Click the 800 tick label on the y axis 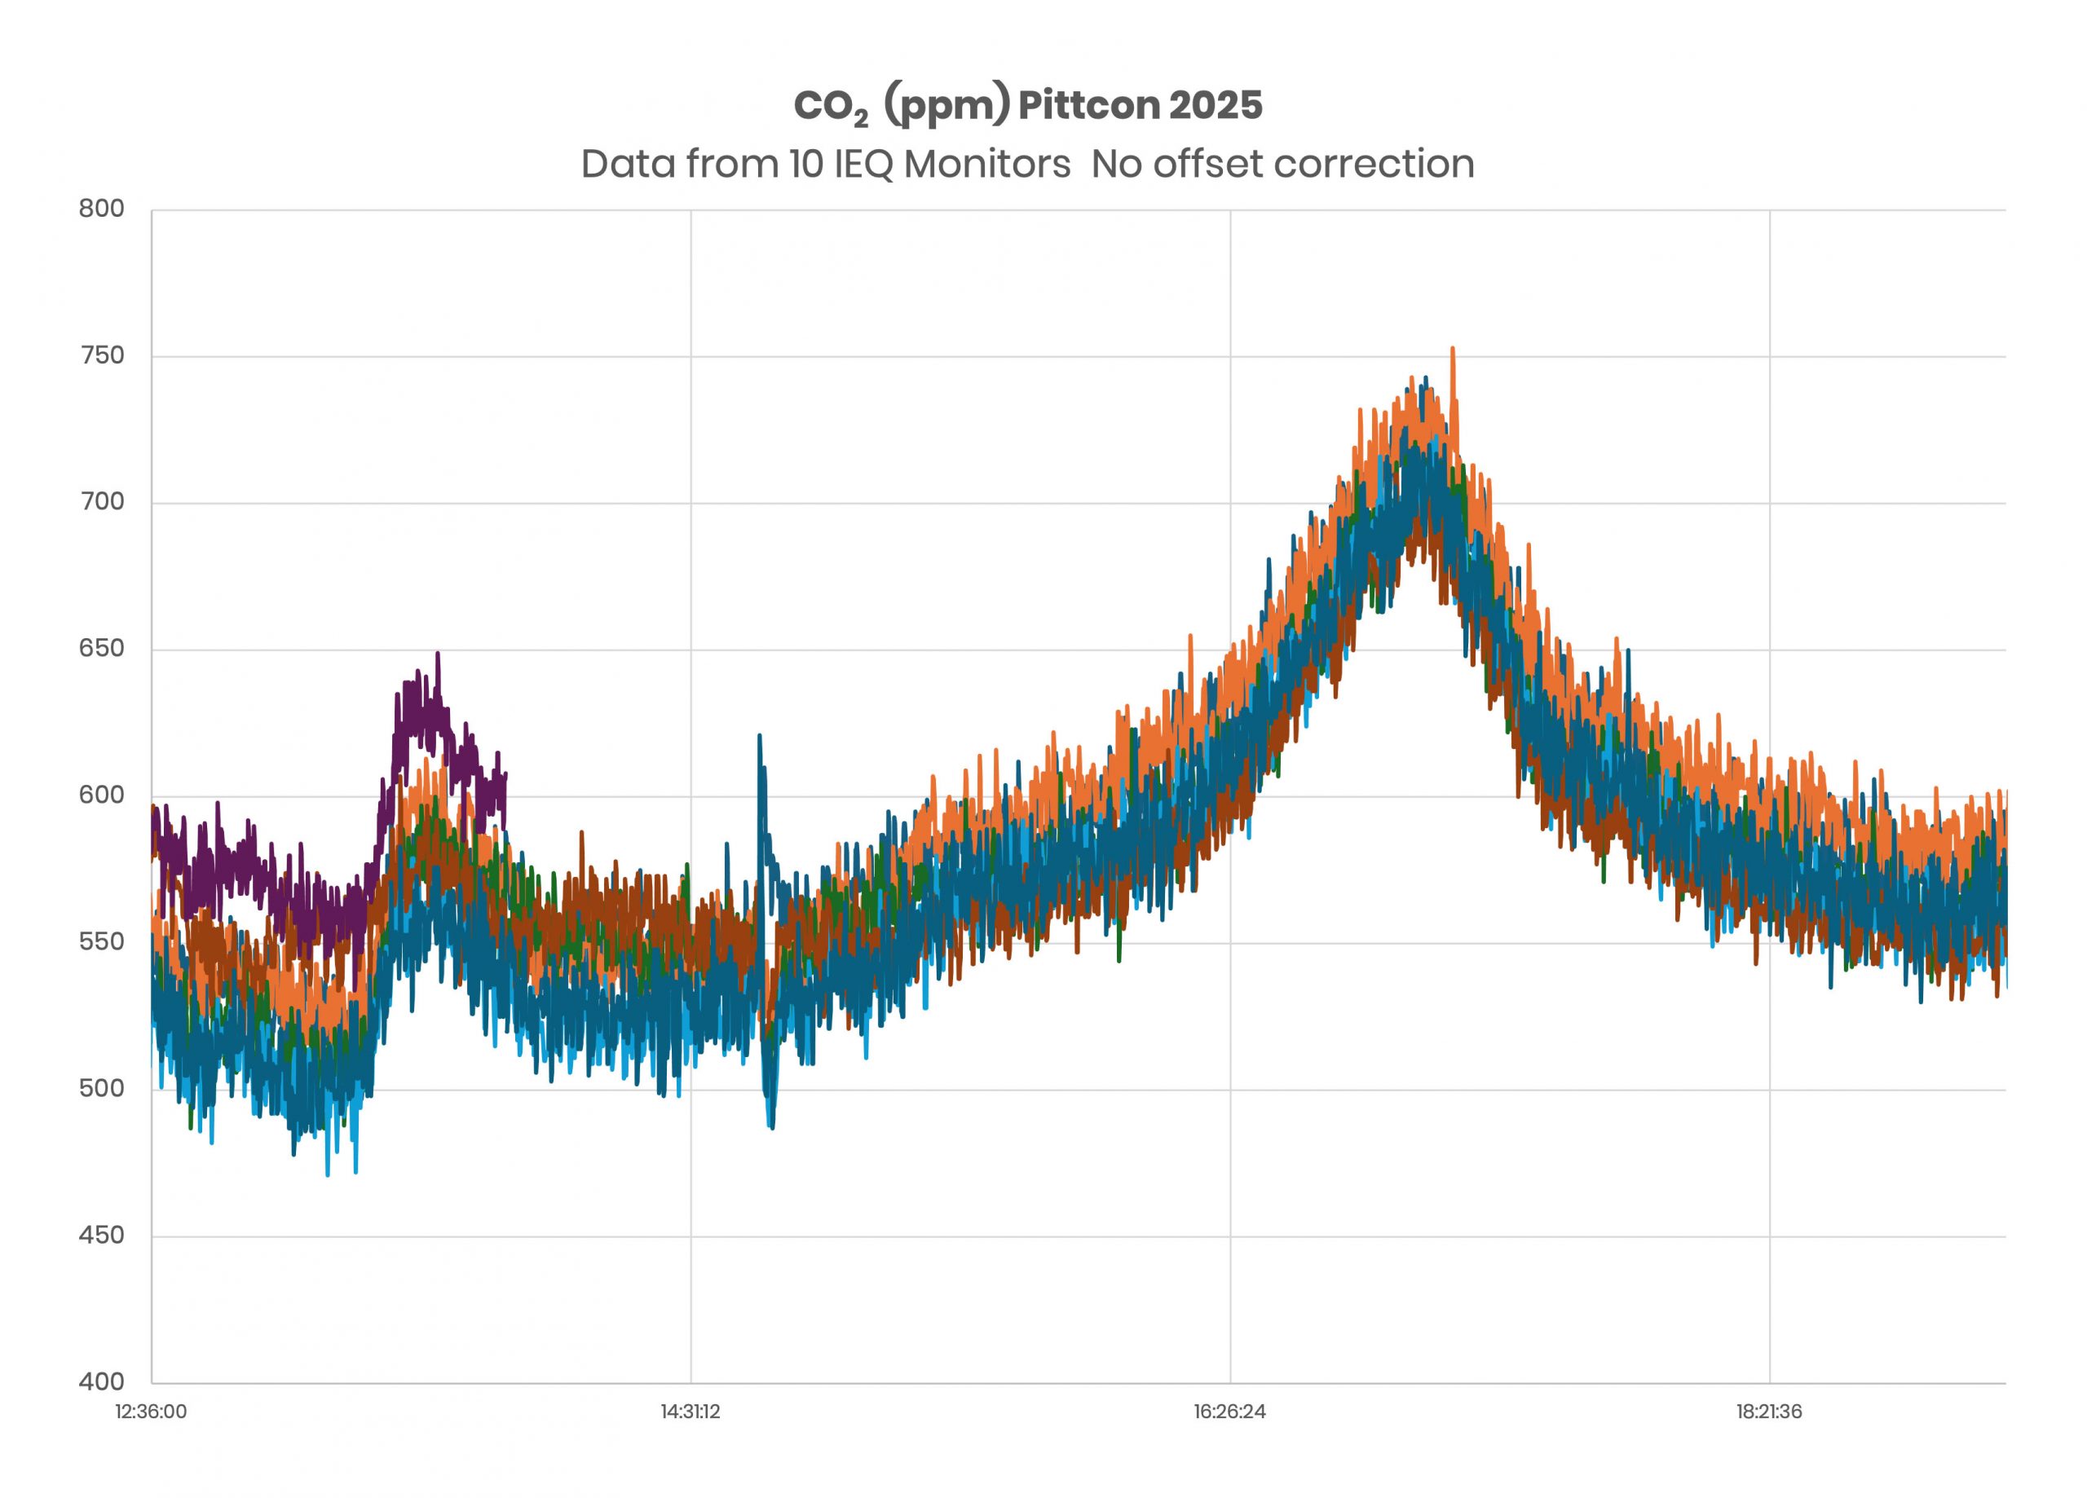101,209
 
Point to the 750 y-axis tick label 101,355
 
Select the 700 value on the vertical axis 101,501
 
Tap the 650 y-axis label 101,648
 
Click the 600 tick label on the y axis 101,794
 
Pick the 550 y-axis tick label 101,941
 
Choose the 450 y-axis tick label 101,1235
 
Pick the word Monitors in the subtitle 986,165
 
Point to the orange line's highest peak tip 1452,349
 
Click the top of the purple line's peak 438,654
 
